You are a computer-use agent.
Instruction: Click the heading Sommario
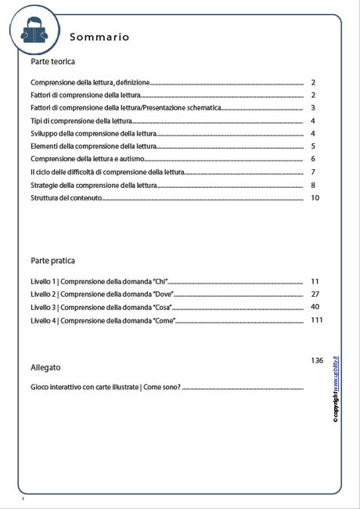pyautogui.click(x=99, y=37)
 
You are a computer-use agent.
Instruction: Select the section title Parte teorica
pyautogui.click(x=53, y=60)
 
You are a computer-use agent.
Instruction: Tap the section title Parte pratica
pyautogui.click(x=53, y=260)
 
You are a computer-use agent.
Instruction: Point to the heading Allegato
pyautogui.click(x=45, y=367)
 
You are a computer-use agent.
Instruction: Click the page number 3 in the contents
pyautogui.click(x=312, y=108)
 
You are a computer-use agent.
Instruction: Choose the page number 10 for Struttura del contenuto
pyautogui.click(x=315, y=198)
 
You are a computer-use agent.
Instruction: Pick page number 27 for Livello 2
pyautogui.click(x=315, y=294)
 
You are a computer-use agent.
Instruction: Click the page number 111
pyautogui.click(x=317, y=320)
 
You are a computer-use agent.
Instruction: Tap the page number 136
pyautogui.click(x=317, y=360)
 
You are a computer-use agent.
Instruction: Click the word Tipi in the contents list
pyautogui.click(x=37, y=121)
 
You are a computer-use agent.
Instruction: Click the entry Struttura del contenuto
pyautogui.click(x=67, y=199)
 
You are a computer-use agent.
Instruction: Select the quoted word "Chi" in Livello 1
pyautogui.click(x=160, y=281)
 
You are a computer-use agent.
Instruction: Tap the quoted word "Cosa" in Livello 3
pyautogui.click(x=163, y=308)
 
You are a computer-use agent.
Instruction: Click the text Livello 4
pyautogui.click(x=43, y=321)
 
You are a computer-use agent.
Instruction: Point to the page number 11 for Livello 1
pyautogui.click(x=315, y=280)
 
